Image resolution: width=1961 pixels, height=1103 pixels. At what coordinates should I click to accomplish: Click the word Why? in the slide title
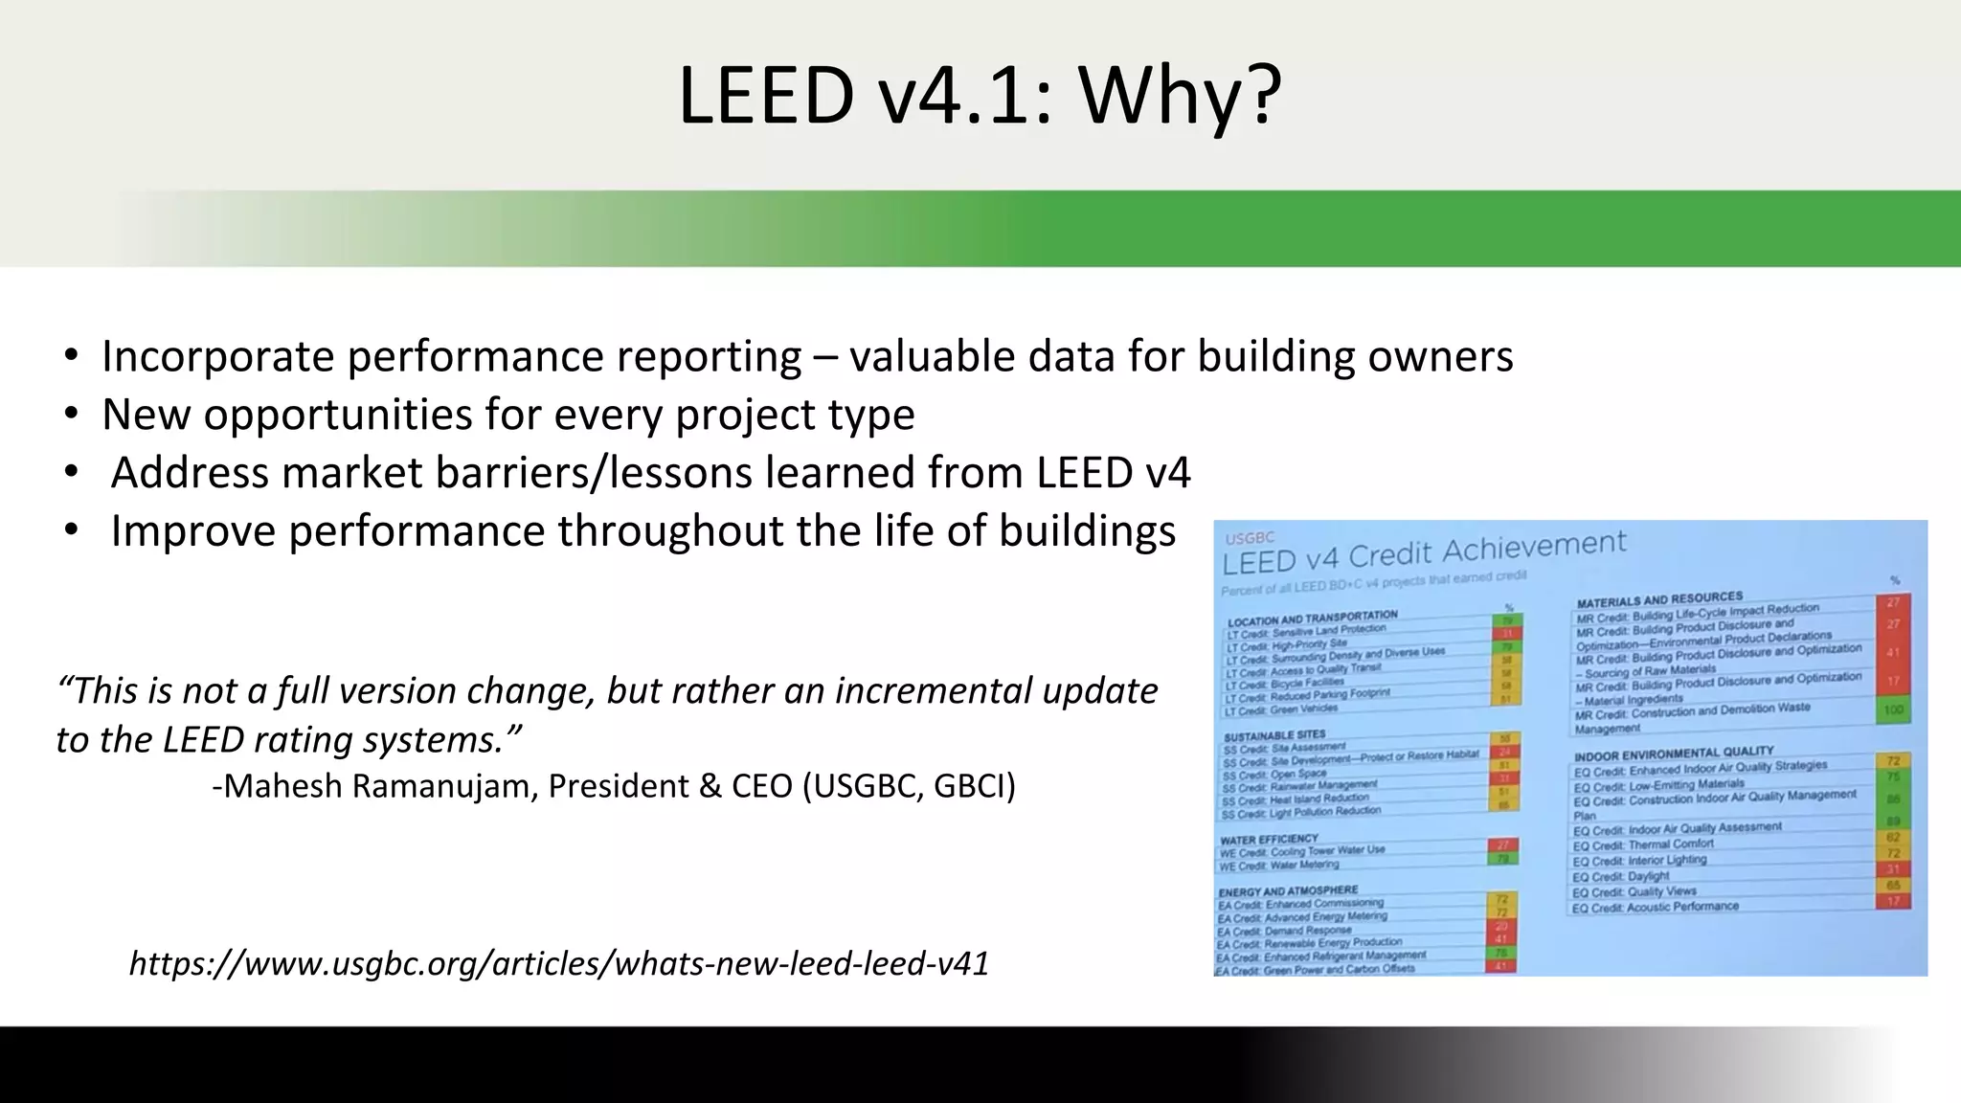coord(1180,96)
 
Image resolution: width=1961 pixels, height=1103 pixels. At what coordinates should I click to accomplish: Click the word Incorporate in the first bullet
coord(218,356)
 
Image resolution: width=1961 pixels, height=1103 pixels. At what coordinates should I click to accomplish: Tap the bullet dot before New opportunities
coord(71,415)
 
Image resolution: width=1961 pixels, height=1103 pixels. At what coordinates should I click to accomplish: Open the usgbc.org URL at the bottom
coord(559,963)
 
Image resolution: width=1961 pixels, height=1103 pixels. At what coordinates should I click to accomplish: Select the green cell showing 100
coord(1893,710)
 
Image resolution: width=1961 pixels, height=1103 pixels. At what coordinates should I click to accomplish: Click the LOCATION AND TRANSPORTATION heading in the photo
coord(1313,619)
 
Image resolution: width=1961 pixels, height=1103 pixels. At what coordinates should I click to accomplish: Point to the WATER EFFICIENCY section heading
coord(1269,840)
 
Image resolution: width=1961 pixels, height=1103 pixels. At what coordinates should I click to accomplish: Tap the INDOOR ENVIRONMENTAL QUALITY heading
coord(1674,754)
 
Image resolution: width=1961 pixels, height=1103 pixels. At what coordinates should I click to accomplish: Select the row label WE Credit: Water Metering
coord(1278,866)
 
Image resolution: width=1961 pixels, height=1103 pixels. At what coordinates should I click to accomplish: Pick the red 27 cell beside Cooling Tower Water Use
coord(1502,845)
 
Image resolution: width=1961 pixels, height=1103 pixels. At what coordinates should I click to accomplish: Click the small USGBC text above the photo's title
coord(1249,539)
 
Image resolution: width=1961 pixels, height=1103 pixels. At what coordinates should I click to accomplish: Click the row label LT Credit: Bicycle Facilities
coord(1285,684)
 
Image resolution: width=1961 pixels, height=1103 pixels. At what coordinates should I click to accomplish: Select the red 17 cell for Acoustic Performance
coord(1893,901)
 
